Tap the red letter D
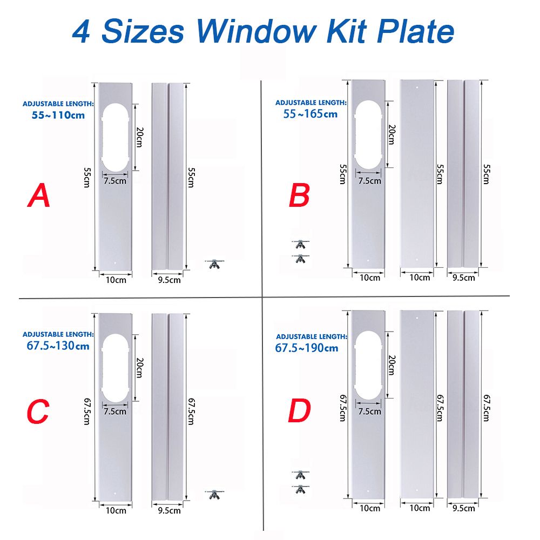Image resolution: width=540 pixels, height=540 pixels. pyautogui.click(x=299, y=412)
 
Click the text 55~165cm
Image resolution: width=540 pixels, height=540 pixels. pyautogui.click(x=310, y=113)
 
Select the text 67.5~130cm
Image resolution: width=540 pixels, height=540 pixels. pyautogui.click(x=58, y=346)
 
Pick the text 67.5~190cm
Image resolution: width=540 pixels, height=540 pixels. pyautogui.click(x=307, y=348)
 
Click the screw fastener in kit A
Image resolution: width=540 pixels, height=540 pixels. pyautogui.click(x=214, y=264)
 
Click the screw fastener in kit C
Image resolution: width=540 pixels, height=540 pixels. pyautogui.click(x=214, y=494)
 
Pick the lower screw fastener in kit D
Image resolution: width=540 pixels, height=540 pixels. pyautogui.click(x=300, y=489)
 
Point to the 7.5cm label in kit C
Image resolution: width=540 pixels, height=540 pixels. pyautogui.click(x=114, y=411)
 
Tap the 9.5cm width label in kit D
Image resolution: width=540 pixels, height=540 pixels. pyautogui.click(x=463, y=508)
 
